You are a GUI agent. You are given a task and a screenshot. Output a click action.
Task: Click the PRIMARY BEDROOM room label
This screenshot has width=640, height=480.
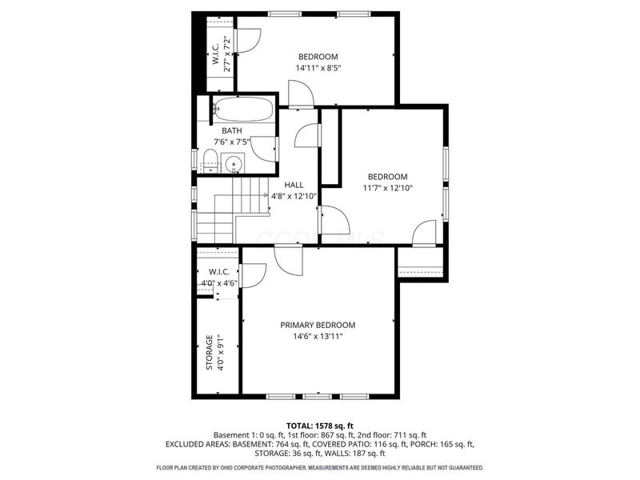pos(318,325)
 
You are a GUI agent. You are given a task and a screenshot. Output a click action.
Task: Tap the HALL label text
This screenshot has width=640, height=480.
pos(294,185)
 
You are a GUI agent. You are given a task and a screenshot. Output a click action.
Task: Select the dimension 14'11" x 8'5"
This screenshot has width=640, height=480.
pos(318,69)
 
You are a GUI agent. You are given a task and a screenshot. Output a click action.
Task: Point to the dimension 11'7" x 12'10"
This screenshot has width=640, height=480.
pos(387,189)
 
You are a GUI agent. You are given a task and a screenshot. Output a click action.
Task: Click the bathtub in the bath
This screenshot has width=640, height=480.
pos(245,110)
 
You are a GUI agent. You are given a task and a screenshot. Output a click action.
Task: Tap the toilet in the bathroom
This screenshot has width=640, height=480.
pos(210,160)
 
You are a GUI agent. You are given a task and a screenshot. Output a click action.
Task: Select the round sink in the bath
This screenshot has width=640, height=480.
pos(234,166)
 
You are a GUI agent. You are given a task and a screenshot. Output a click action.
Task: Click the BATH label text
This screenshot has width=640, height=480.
pos(232,131)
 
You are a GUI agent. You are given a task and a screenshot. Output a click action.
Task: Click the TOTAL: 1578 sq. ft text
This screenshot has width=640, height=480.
pos(319,426)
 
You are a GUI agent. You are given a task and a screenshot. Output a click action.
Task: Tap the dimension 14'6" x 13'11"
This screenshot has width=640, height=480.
pos(318,337)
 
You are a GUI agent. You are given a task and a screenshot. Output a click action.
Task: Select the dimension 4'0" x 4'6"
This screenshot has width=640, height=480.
pos(218,283)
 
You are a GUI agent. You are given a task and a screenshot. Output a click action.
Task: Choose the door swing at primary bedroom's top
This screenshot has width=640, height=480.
pos(286,260)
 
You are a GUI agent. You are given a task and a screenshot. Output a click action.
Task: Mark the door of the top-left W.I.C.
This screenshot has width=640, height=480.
pos(248,40)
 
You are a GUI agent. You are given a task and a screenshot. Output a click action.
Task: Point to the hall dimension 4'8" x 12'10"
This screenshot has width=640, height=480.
pos(294,196)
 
